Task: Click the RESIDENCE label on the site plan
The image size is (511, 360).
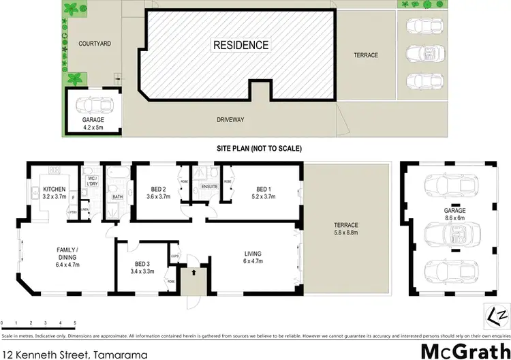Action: click(x=241, y=46)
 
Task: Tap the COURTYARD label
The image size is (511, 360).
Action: click(x=95, y=43)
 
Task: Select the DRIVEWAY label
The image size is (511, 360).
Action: click(x=230, y=120)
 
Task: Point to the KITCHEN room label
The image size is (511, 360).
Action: click(x=54, y=189)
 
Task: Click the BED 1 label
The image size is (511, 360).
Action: click(x=264, y=189)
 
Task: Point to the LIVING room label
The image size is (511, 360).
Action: click(x=253, y=254)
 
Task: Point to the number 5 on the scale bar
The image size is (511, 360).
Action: click(x=74, y=322)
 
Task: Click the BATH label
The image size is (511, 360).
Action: click(x=117, y=197)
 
